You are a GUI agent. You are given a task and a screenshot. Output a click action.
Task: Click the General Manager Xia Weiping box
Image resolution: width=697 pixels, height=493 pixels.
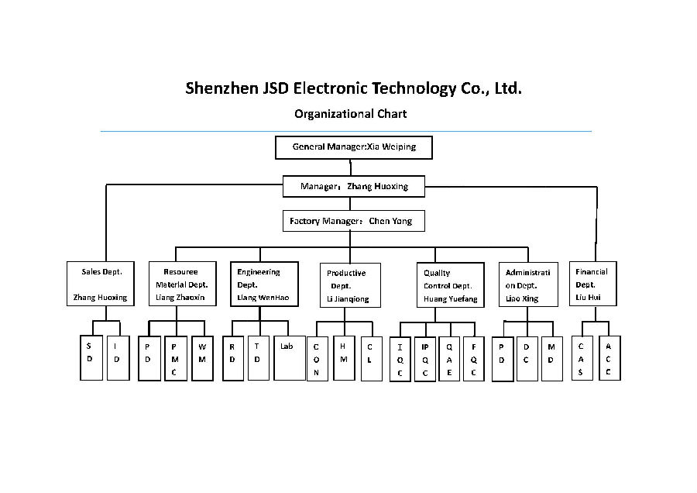[353, 147]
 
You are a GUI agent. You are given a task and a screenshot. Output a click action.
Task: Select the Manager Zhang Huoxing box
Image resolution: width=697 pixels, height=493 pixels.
[353, 186]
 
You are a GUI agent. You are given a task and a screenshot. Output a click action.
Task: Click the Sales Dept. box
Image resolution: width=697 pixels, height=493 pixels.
[101, 284]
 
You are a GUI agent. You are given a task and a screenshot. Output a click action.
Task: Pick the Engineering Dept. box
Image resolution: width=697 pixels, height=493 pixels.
[264, 284]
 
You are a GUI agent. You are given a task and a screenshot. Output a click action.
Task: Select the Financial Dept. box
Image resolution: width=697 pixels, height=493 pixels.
[593, 284]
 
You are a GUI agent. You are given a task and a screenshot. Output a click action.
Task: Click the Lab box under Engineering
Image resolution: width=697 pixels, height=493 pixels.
[289, 357]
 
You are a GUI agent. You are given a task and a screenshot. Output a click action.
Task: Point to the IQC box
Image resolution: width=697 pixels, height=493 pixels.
[400, 359]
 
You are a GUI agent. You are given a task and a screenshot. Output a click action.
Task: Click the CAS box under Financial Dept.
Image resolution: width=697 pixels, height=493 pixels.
[581, 357]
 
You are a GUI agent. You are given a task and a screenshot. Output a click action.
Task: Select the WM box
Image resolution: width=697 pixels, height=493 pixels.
[202, 357]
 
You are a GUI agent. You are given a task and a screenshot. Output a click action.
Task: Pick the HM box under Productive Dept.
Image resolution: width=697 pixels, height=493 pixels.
[342, 357]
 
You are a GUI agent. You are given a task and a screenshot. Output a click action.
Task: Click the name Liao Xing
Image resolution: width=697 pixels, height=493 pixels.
[521, 298]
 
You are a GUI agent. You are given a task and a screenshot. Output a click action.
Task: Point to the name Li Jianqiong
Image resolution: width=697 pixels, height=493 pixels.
[348, 299]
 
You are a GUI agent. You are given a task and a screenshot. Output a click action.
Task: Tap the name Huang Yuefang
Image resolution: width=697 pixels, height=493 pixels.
[450, 298]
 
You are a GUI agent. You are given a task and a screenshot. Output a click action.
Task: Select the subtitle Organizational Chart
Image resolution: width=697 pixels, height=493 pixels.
[350, 114]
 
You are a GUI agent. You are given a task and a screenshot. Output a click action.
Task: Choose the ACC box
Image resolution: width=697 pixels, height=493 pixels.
[608, 357]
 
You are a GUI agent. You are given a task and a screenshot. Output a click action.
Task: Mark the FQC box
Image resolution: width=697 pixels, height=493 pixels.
[473, 359]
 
